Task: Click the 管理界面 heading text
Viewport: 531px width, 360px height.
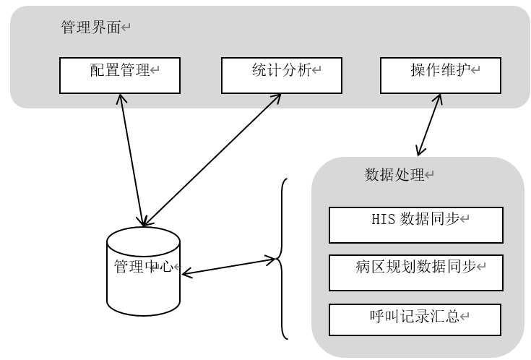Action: click(x=90, y=27)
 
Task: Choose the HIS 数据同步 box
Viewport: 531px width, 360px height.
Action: click(x=415, y=226)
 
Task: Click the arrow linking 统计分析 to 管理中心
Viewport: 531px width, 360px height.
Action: click(x=213, y=159)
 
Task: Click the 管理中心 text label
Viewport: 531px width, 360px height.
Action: click(x=143, y=266)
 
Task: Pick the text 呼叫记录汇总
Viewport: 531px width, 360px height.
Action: click(x=413, y=316)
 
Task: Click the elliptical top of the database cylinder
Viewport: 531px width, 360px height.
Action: click(x=143, y=239)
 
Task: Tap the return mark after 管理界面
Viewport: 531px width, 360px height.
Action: click(x=126, y=27)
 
